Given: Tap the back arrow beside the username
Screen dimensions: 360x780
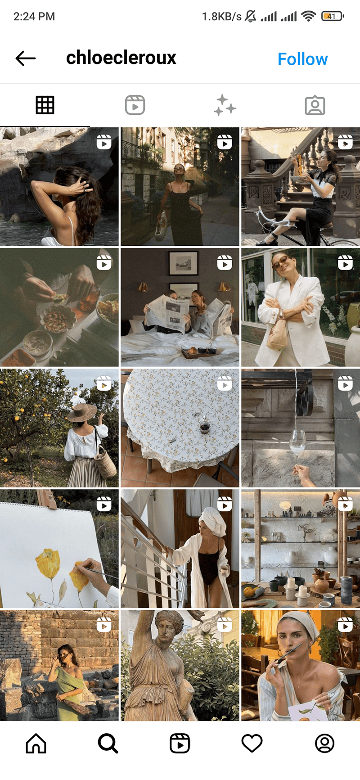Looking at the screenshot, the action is [x=25, y=59].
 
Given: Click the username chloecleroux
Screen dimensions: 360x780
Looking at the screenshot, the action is [x=121, y=58].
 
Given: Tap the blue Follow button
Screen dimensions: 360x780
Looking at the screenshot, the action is [x=302, y=59].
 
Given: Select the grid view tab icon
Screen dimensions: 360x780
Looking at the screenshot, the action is [x=45, y=105].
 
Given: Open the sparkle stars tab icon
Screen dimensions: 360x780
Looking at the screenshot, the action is [x=225, y=105].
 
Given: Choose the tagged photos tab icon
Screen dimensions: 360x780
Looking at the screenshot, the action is [x=315, y=105].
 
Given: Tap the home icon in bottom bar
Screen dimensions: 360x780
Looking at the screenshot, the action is [x=36, y=744].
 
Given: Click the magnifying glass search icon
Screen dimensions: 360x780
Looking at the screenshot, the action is [x=108, y=744].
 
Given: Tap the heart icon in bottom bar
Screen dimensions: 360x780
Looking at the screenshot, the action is [x=252, y=744].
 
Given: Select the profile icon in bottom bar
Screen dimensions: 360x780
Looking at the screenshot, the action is [x=324, y=744].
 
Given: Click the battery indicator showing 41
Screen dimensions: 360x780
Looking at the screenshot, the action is [x=333, y=16].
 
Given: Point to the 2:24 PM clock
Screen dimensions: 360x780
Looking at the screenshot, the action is [x=34, y=17].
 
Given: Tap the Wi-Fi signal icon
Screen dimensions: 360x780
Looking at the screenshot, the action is [x=309, y=16].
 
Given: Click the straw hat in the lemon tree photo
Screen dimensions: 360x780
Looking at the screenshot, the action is [x=82, y=411].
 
